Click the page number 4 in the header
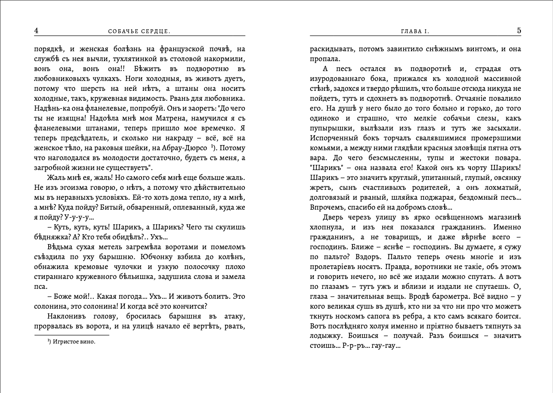pyautogui.click(x=36, y=31)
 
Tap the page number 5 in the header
pyautogui.click(x=519, y=31)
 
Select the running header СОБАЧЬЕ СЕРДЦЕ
pyautogui.click(x=139, y=31)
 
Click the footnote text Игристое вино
pyautogui.click(x=74, y=342)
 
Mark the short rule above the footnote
pyautogui.click(x=71, y=335)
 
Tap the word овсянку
pyautogui.click(x=507, y=178)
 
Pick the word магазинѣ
pyautogui.click(x=503, y=217)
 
